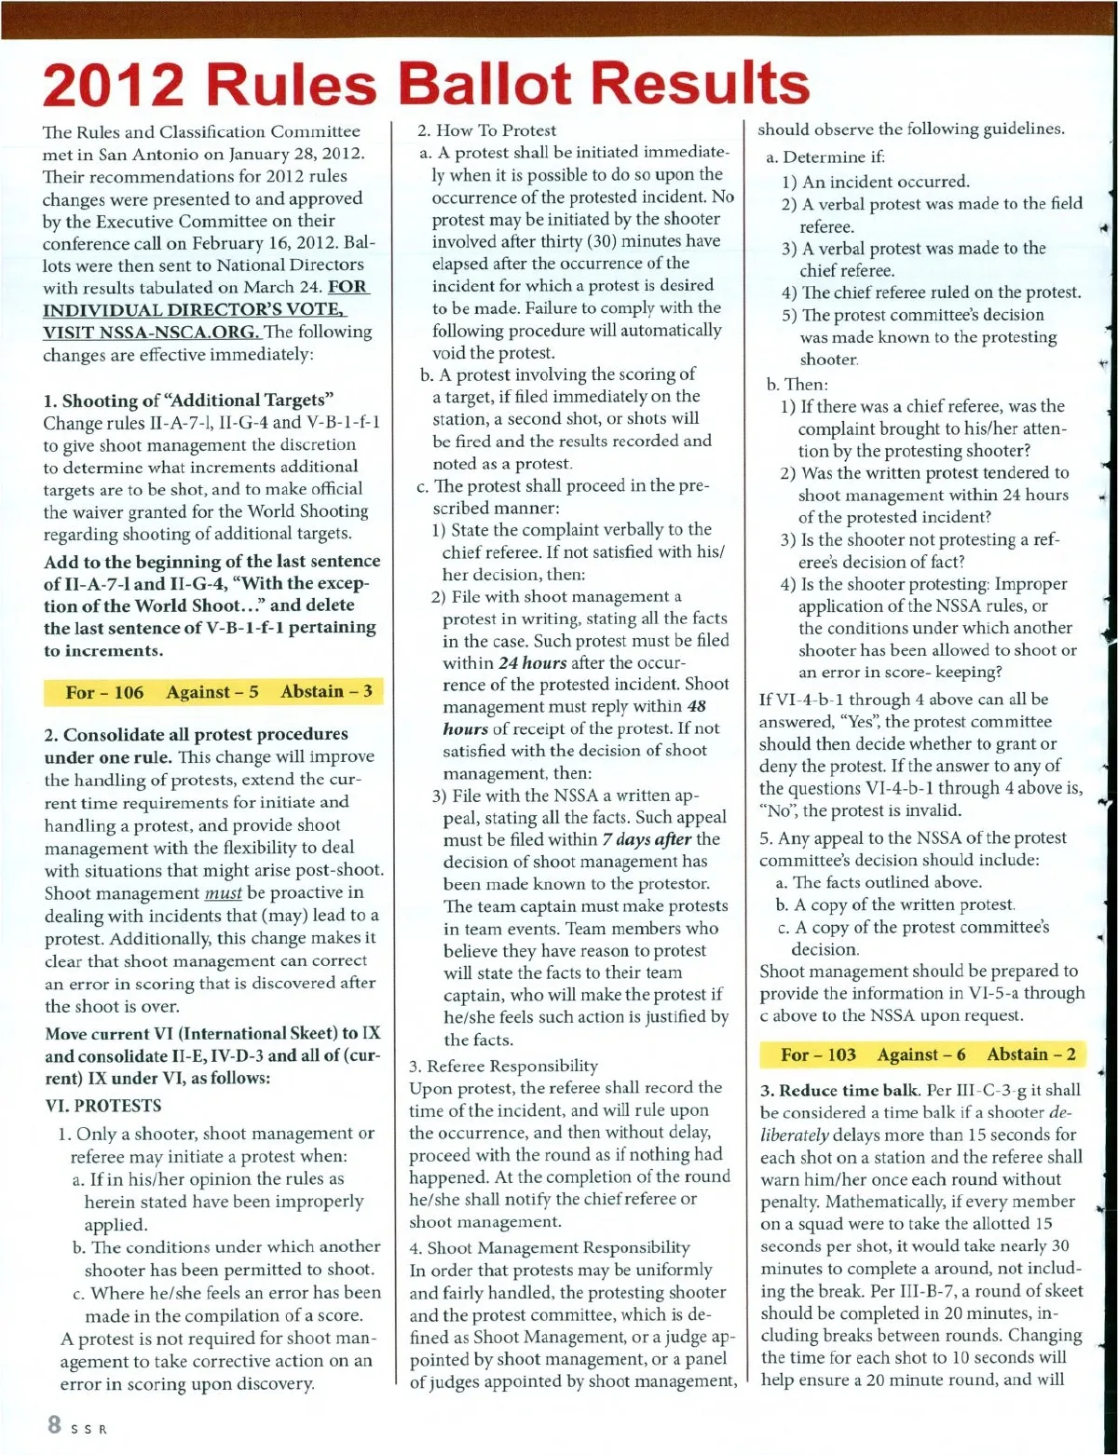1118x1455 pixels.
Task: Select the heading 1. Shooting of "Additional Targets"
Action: click(x=189, y=401)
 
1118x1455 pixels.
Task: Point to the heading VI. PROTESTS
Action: click(x=103, y=1106)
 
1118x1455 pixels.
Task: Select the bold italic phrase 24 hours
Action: click(x=532, y=662)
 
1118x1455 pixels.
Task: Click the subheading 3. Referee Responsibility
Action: click(x=504, y=1066)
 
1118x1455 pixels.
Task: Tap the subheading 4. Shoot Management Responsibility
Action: click(x=550, y=1247)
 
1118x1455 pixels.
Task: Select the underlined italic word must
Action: click(x=223, y=893)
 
